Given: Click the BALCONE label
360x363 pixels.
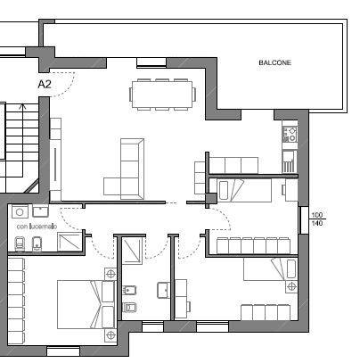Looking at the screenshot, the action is pyautogui.click(x=274, y=62).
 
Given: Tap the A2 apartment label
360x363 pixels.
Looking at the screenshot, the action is pyautogui.click(x=45, y=85).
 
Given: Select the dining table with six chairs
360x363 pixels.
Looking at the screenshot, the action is pyautogui.click(x=162, y=95).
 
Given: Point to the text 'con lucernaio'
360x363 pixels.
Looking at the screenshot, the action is pyautogui.click(x=37, y=227).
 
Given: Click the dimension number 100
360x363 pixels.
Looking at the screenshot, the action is pyautogui.click(x=317, y=215).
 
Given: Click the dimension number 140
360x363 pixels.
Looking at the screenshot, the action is pyautogui.click(x=317, y=223).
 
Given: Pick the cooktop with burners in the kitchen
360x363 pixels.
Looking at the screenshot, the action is pyautogui.click(x=290, y=134).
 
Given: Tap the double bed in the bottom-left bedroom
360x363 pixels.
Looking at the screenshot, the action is pyautogui.click(x=86, y=304).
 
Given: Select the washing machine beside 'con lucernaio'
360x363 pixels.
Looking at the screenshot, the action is pyautogui.click(x=20, y=212).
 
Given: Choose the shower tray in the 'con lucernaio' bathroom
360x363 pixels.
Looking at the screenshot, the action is pyautogui.click(x=70, y=242).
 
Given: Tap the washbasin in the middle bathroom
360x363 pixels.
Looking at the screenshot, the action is pyautogui.click(x=163, y=290).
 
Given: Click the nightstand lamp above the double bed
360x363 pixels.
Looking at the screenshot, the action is pyautogui.click(x=110, y=274).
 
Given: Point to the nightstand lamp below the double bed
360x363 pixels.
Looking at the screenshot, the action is pyautogui.click(x=110, y=335).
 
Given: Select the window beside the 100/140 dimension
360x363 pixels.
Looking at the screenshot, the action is pyautogui.click(x=304, y=220).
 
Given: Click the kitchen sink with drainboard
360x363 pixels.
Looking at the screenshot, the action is pyautogui.click(x=289, y=161).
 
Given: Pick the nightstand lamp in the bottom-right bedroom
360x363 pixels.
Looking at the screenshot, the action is pyautogui.click(x=291, y=286).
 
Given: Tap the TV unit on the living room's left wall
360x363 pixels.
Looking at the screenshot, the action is pyautogui.click(x=55, y=160).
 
